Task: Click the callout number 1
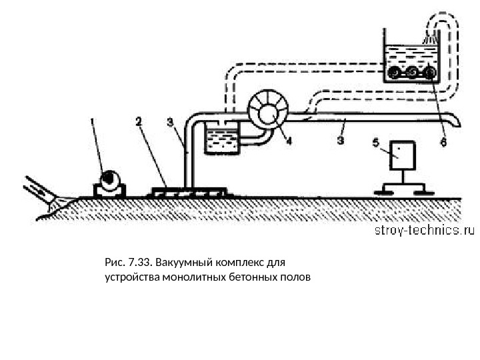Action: coord(93,123)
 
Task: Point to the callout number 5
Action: coord(375,142)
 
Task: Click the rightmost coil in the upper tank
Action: coord(431,72)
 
